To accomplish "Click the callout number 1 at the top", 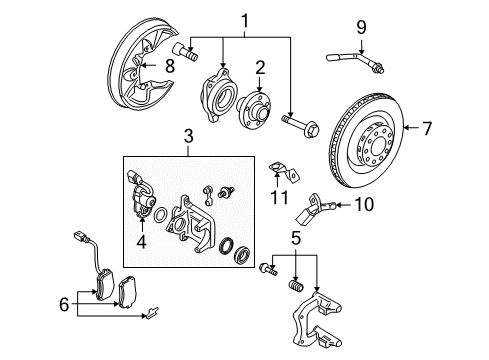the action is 245,21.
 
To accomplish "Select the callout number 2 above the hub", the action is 260,68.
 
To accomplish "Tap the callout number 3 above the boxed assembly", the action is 189,136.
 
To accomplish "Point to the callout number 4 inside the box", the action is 142,241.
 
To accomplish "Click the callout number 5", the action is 296,238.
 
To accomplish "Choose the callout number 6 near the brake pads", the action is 64,304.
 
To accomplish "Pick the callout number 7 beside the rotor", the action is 427,128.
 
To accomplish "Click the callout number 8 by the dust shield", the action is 170,66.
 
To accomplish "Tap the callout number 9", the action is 361,27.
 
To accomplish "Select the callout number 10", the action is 364,204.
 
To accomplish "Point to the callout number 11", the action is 279,197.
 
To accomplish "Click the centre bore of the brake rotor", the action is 377,147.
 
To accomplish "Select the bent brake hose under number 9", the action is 355,61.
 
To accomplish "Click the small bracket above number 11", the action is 284,172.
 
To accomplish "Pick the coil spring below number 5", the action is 296,286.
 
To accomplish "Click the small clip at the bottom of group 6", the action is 151,313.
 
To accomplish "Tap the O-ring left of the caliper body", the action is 160,215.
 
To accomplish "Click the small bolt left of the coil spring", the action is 268,269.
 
